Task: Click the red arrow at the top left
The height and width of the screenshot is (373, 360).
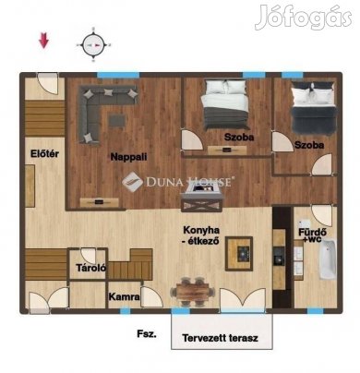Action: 43,41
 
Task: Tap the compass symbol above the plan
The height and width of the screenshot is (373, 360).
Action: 93,45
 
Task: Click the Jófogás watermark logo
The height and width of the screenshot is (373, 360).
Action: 304,18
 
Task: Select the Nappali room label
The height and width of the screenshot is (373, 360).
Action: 128,157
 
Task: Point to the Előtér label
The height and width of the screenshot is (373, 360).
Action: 44,153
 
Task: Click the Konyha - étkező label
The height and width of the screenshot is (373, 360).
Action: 201,235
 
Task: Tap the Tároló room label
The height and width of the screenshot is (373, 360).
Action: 91,268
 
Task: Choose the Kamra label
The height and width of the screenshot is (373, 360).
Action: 124,297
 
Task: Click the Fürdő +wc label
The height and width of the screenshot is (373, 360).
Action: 312,235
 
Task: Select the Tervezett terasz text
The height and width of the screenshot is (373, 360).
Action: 220,338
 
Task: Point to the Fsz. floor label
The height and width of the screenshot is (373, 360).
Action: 147,334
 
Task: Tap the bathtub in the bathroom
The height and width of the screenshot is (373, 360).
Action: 328,260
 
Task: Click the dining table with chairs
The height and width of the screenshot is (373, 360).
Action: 193,292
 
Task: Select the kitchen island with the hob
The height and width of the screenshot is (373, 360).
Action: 239,254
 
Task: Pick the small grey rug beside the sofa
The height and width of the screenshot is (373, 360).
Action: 117,120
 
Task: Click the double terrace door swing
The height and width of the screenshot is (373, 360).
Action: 243,299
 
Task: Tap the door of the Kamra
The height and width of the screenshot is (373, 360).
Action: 151,296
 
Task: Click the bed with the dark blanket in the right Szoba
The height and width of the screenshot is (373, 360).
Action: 313,108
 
